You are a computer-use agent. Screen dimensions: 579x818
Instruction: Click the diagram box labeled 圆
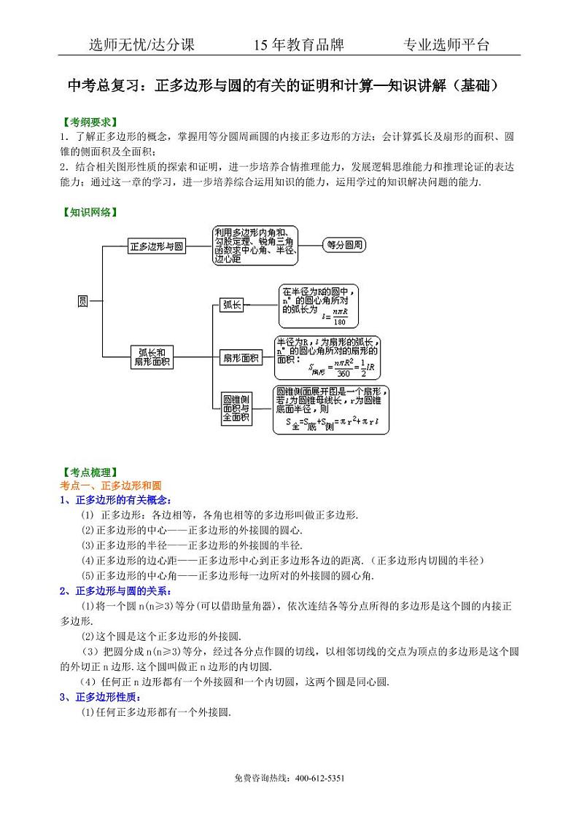82,301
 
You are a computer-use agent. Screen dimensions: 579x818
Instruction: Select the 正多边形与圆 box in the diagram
156,246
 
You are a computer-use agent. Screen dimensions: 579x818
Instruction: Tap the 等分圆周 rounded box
344,245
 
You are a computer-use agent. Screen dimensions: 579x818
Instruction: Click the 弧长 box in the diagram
232,305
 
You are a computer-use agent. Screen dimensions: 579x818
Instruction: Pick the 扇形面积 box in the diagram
241,357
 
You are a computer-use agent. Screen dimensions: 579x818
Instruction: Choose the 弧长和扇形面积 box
151,357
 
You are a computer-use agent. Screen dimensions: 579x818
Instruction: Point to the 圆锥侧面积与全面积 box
237,409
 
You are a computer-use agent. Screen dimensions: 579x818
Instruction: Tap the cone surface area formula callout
331,410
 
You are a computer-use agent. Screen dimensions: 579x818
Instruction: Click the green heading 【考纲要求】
89,122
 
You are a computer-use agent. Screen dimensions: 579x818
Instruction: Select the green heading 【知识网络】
89,213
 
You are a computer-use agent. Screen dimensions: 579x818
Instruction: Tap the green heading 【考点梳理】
89,473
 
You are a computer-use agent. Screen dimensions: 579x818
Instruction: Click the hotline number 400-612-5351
319,779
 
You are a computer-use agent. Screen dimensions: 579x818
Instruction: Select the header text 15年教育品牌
298,45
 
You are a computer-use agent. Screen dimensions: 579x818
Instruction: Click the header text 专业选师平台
446,45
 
